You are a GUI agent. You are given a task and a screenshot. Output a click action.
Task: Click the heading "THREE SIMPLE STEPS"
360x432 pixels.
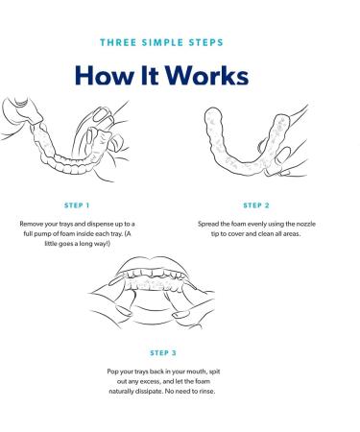tap(161, 42)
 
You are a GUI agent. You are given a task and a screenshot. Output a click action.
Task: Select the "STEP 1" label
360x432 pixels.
tap(77, 205)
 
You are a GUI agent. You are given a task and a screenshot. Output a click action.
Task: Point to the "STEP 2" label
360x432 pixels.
tap(256, 205)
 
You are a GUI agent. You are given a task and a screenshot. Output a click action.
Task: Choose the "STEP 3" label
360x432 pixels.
tap(163, 353)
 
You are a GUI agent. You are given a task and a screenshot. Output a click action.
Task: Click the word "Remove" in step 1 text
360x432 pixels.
tap(31, 224)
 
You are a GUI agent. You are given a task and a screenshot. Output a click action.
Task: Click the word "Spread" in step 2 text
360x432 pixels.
tap(208, 224)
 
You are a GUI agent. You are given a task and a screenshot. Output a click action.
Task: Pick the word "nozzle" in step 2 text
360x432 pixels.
tap(306, 224)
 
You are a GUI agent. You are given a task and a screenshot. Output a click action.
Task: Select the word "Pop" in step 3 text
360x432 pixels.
tap(112, 372)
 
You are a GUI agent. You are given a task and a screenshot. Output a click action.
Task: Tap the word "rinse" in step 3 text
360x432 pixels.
tap(207, 391)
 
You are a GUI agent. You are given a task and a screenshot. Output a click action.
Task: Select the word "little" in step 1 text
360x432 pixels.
tap(51, 244)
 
